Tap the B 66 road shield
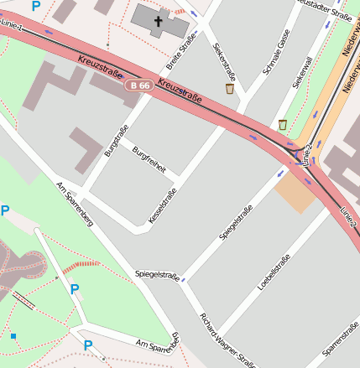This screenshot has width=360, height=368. point(138,86)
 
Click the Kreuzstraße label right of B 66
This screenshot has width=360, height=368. point(180,92)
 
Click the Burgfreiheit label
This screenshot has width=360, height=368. point(149,158)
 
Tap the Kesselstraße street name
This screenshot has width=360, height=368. point(163,200)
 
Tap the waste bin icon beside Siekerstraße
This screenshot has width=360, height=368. point(229,88)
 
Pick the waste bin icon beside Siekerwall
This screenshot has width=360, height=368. point(283,125)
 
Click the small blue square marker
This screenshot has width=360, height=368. point(13,336)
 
